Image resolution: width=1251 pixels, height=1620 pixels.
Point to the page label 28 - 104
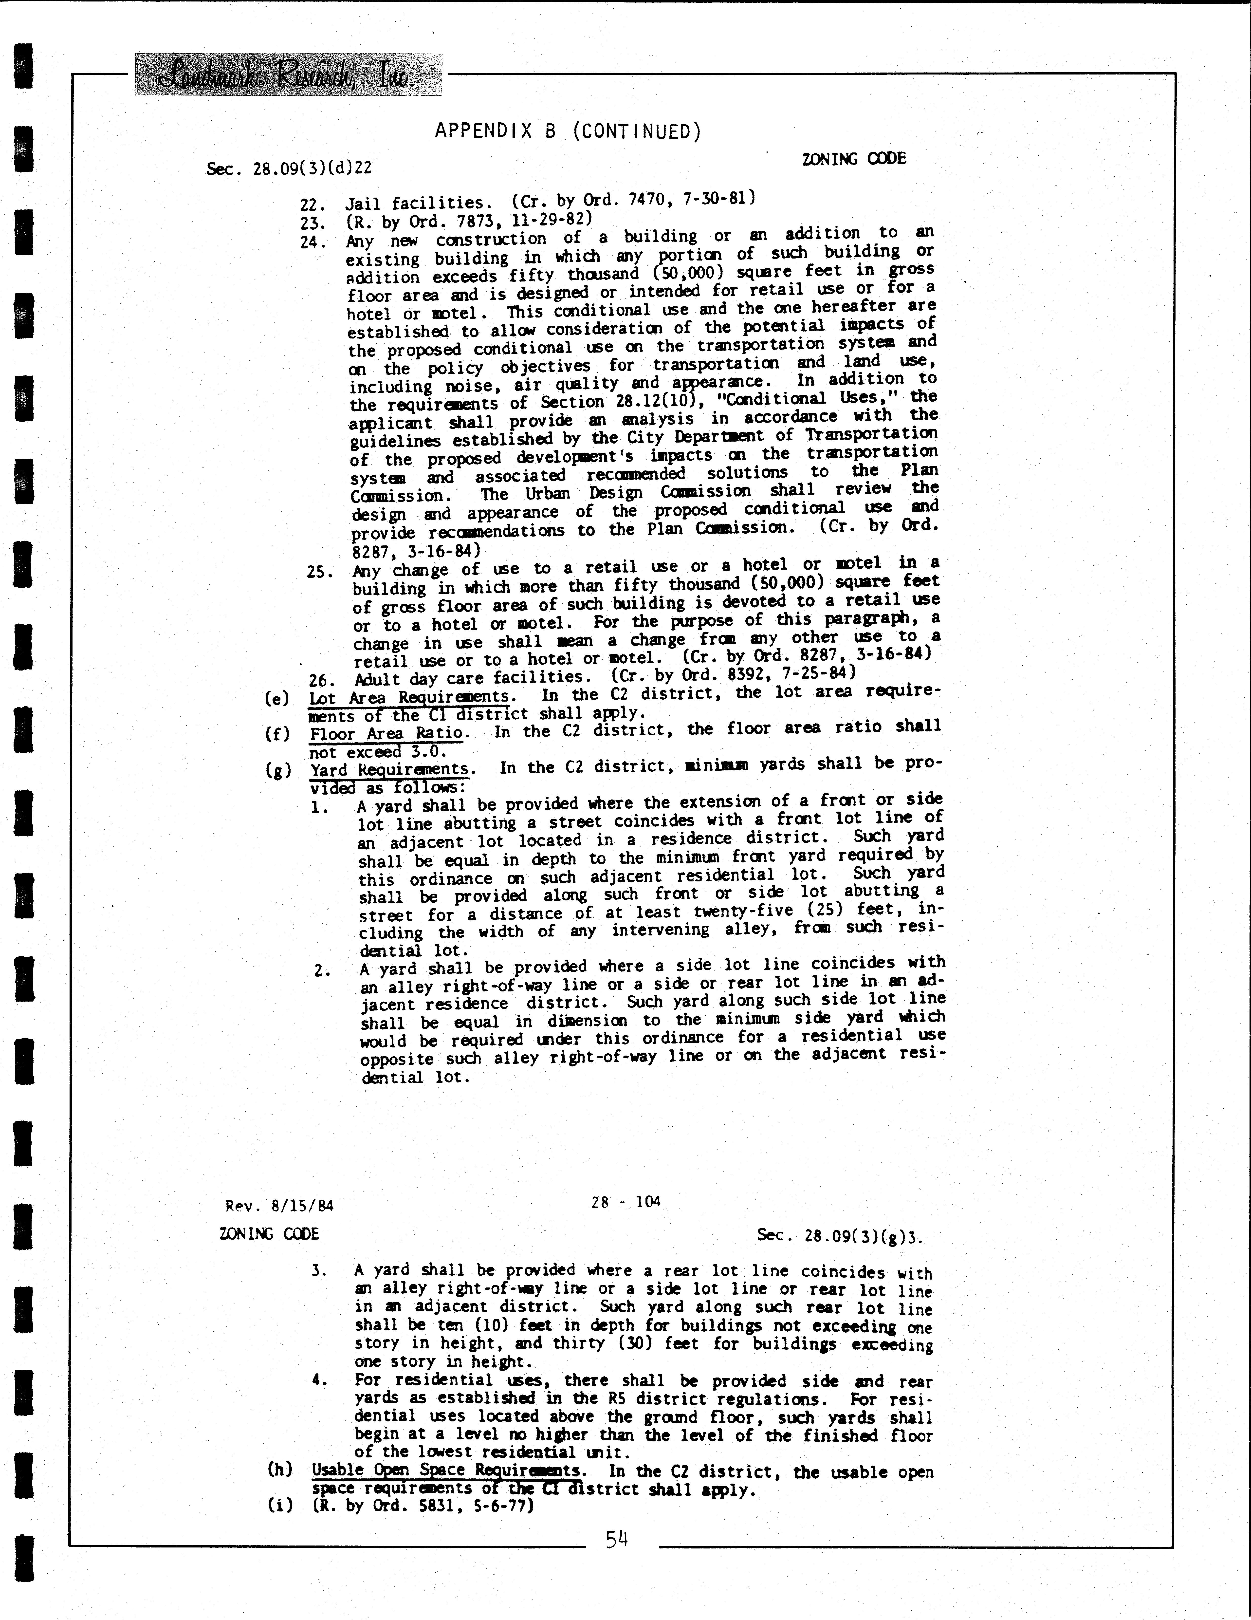pyautogui.click(x=625, y=1201)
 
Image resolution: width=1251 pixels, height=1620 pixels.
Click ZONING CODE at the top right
pyautogui.click(x=854, y=158)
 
